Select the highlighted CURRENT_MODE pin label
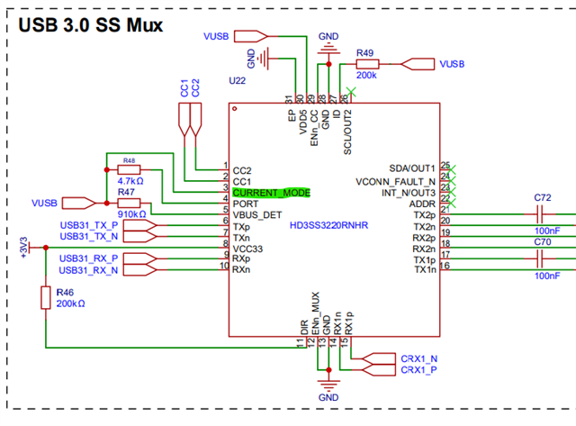click(271, 193)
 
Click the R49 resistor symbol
click(366, 65)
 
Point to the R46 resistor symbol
click(46, 298)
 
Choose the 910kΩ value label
click(130, 214)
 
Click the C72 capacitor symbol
click(542, 215)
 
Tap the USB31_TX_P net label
click(88, 224)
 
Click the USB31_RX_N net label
click(88, 269)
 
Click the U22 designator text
click(238, 81)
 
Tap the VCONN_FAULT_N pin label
click(395, 181)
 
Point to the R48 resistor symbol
click(129, 168)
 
